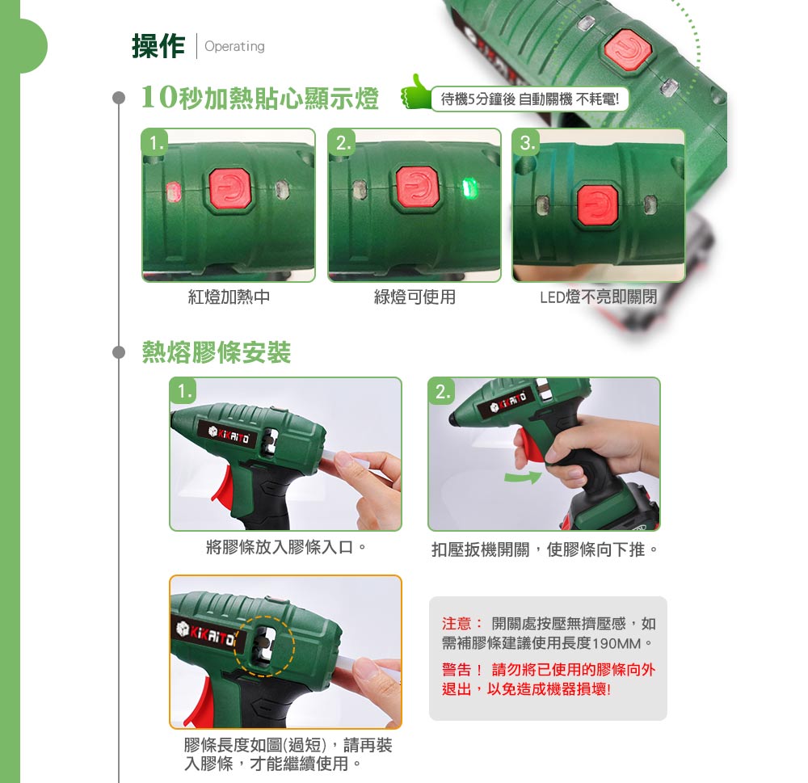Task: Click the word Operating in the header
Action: pos(234,46)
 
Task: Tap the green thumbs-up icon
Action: pos(416,92)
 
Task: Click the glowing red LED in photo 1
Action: pos(173,191)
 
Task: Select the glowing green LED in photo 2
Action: pos(469,187)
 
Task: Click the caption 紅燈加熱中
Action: pos(229,297)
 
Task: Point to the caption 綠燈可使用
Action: pos(415,297)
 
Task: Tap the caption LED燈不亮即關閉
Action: pos(598,297)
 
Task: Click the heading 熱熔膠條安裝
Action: pos(217,352)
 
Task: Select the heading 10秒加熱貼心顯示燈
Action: pos(260,98)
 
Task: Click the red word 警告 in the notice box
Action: pos(457,670)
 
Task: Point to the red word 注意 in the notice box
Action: pos(457,624)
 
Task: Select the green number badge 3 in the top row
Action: pos(526,142)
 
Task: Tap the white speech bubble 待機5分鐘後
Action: pos(530,99)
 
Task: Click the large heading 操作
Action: pos(158,46)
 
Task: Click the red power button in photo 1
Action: pos(229,188)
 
